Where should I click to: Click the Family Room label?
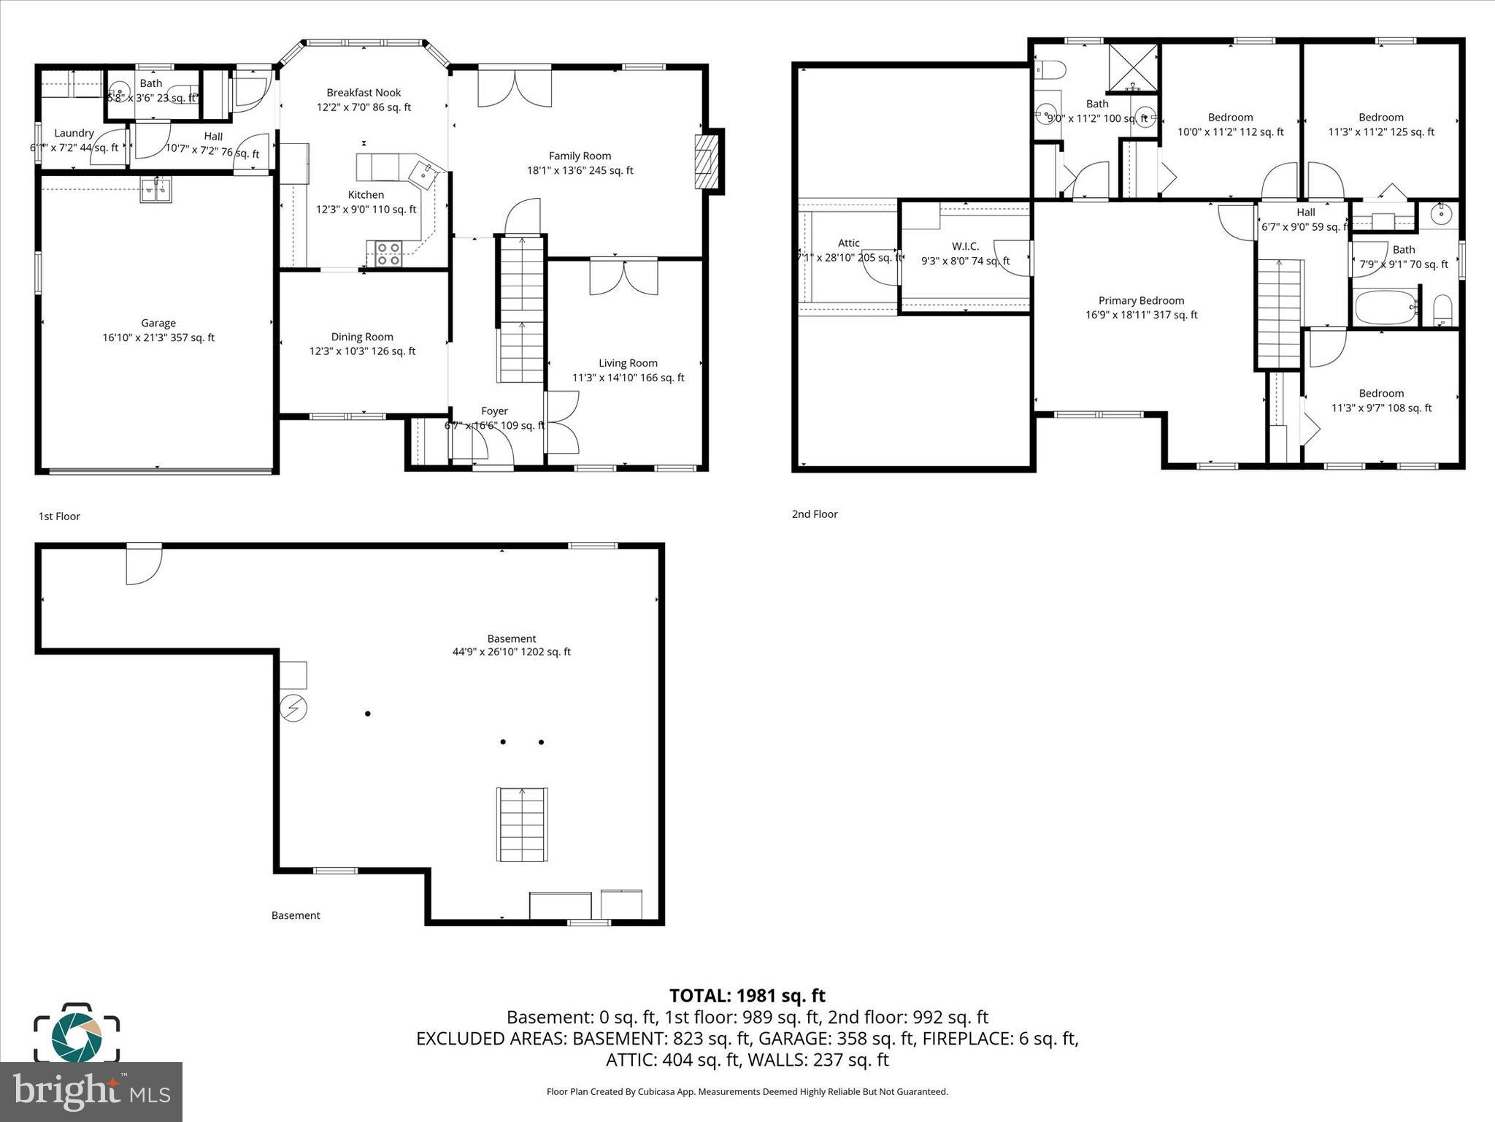tap(580, 156)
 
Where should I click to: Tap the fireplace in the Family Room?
tap(705, 161)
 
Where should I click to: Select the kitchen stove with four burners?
tap(388, 253)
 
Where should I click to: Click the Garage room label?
tap(158, 323)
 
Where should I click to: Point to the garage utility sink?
tap(155, 190)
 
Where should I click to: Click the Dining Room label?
tap(362, 337)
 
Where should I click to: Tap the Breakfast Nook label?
tap(364, 93)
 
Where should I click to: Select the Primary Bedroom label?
tap(1141, 300)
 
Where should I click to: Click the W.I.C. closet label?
tap(965, 246)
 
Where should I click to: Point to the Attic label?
tap(848, 243)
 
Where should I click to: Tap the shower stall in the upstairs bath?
tap(1133, 68)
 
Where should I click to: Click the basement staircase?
tap(522, 825)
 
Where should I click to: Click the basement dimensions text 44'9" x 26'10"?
tap(511, 652)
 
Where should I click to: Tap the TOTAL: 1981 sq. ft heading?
tap(747, 996)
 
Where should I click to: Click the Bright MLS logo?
tap(91, 1092)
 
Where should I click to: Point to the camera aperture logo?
tap(77, 1033)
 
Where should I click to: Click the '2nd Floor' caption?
tap(815, 514)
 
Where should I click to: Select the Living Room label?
tap(628, 363)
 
